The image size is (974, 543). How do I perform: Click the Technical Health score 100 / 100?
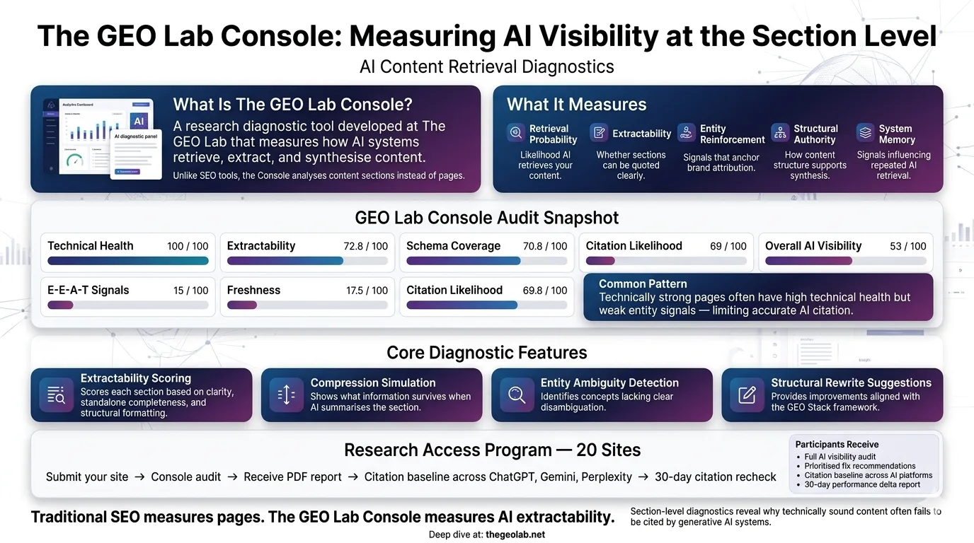coord(188,246)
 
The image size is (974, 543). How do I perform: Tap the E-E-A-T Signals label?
coord(88,290)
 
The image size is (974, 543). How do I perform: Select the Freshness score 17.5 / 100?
coord(367,291)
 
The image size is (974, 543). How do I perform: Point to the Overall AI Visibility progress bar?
coord(845,261)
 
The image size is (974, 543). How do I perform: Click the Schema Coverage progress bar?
coord(486,261)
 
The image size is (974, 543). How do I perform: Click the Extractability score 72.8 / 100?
coord(365,246)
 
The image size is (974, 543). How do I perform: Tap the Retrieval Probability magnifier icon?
coord(516,132)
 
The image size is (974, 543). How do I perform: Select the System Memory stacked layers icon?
coord(865,132)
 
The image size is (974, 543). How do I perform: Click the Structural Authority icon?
coord(779,132)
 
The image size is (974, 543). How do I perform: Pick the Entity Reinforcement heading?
coord(732,134)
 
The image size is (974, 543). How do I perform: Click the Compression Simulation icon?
coord(286,395)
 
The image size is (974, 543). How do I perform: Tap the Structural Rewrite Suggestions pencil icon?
coord(747,395)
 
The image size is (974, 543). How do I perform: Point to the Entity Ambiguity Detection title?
coord(609,383)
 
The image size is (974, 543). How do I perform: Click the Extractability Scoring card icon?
coord(56,395)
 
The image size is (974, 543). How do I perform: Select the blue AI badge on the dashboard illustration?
coord(139,121)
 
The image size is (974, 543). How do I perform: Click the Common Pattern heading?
coord(643,284)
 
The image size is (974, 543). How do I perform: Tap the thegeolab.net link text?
coord(515,535)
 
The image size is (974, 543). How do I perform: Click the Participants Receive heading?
coord(837,445)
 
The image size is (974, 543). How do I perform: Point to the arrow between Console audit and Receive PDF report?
coord(232,477)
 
